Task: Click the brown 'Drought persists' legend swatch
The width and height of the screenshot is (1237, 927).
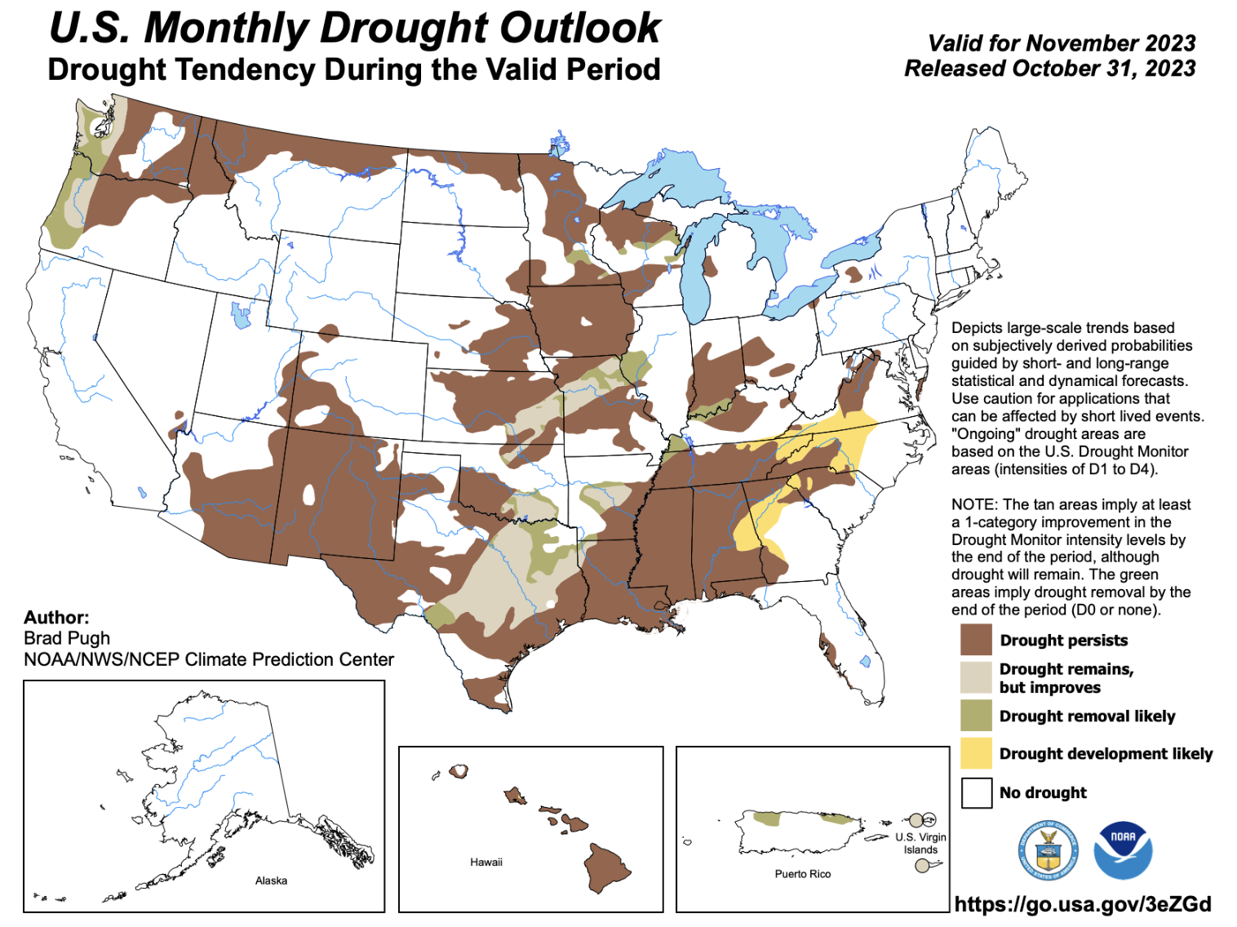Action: point(976,640)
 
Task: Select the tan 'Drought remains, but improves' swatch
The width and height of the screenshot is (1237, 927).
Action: point(976,677)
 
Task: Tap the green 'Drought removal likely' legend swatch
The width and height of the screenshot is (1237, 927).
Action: point(976,716)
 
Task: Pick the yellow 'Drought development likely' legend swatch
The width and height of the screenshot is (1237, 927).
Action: point(976,753)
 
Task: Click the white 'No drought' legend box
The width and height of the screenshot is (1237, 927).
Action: point(976,792)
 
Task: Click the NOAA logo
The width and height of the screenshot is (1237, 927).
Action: point(1123,850)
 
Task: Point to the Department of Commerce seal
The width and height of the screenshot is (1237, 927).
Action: point(1048,851)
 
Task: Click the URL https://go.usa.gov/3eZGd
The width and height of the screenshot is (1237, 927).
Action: point(1083,904)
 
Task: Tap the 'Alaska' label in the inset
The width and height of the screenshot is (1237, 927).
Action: point(271,880)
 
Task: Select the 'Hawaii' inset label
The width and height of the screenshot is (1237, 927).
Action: point(486,862)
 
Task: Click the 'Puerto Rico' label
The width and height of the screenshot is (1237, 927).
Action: point(803,874)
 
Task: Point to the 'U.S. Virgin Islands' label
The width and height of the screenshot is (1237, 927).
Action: point(920,843)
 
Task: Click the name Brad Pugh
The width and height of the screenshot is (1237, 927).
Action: point(67,638)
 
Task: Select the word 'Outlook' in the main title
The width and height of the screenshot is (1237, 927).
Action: point(579,28)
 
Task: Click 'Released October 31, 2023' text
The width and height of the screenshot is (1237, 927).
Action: point(1049,69)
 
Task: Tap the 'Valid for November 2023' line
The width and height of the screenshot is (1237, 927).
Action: point(1062,43)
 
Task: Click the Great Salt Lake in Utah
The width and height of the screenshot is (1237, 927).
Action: point(240,315)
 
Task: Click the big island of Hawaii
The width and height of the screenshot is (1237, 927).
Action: point(607,867)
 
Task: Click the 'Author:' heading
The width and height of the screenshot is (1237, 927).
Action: point(56,617)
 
